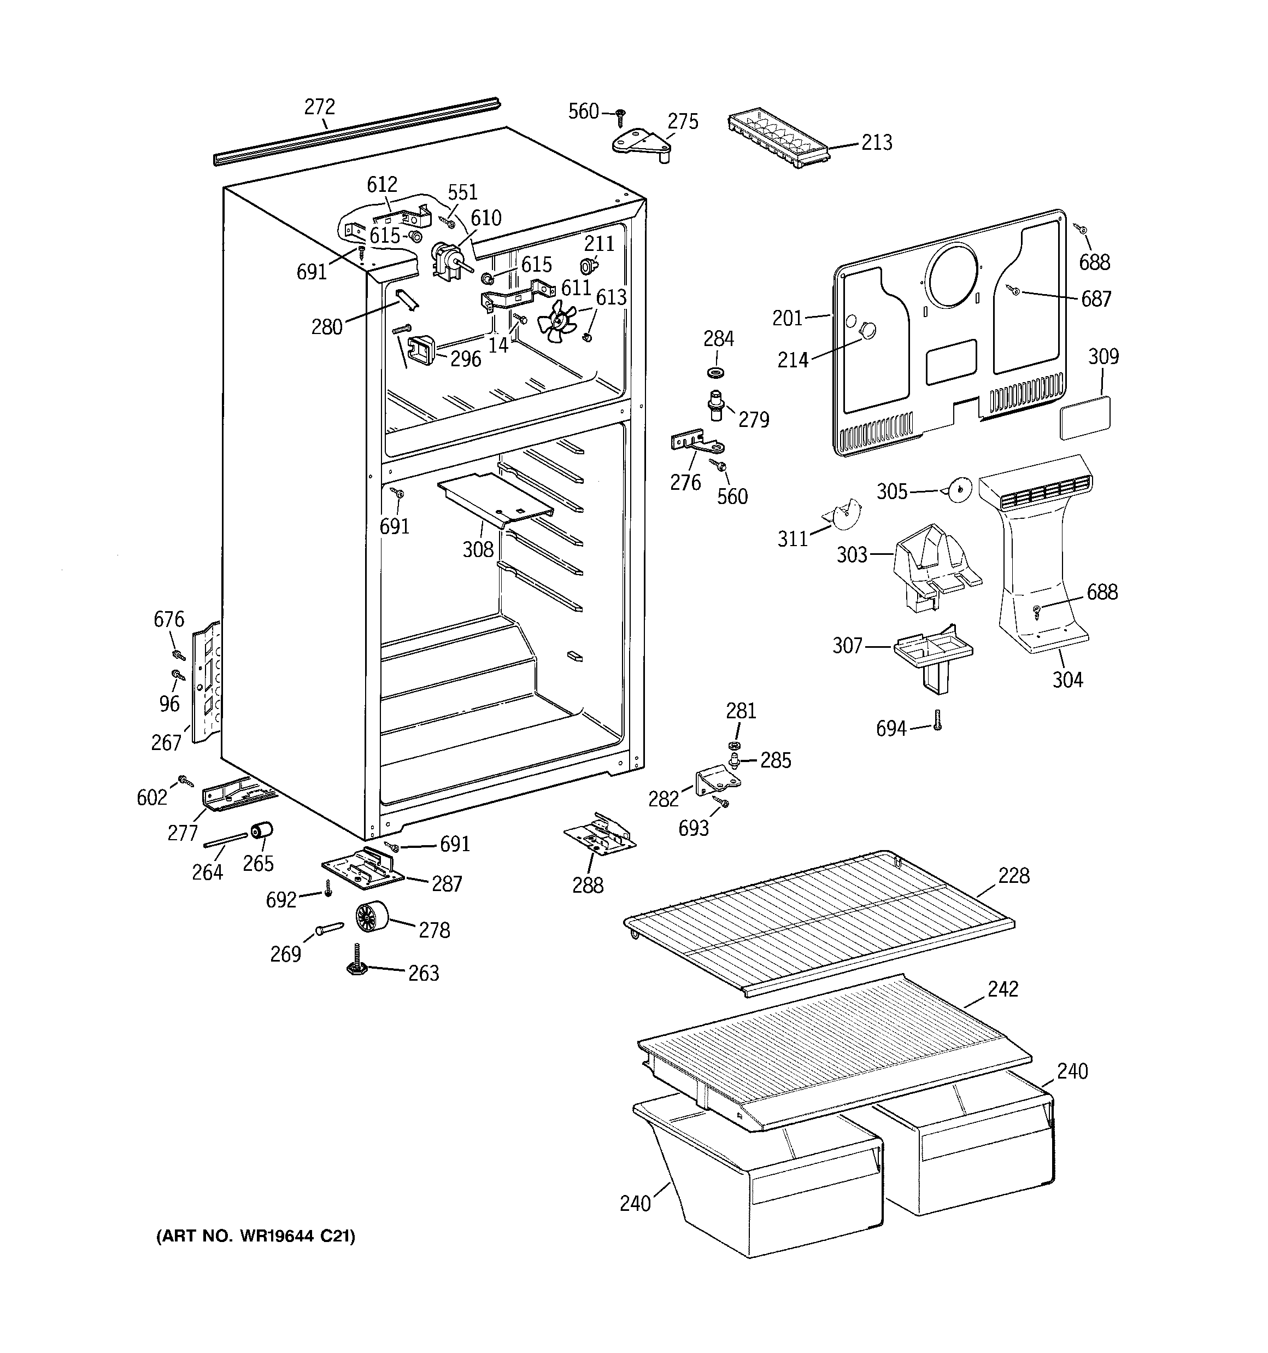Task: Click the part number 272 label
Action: click(x=319, y=107)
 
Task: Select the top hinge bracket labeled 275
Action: click(x=642, y=145)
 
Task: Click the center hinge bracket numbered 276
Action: click(x=696, y=444)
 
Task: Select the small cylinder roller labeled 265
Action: click(x=261, y=831)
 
